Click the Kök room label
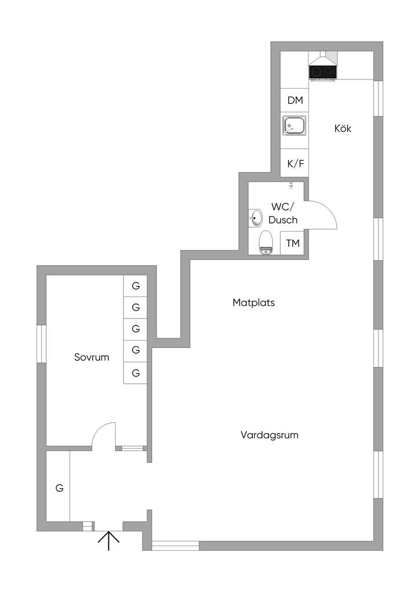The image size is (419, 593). [x=343, y=128]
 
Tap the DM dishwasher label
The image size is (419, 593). [x=295, y=100]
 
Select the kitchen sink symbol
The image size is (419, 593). [x=295, y=126]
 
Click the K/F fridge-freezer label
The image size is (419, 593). [x=296, y=163]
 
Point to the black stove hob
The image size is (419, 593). [x=323, y=72]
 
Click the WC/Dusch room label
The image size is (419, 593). [x=282, y=213]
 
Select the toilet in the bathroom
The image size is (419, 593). [x=266, y=243]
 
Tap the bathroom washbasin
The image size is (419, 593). [x=256, y=218]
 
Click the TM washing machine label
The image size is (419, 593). [x=293, y=243]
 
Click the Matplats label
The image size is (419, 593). [x=253, y=302]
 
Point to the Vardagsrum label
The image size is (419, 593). [x=269, y=435]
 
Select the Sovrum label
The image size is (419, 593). [x=91, y=357]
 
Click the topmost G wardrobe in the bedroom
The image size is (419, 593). [x=135, y=285]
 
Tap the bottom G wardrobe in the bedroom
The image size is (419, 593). [x=135, y=373]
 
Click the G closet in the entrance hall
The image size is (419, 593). [x=58, y=488]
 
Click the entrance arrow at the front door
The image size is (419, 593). [x=108, y=541]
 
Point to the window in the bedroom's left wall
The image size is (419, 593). [x=42, y=343]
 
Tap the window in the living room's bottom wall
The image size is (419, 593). [x=175, y=546]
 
